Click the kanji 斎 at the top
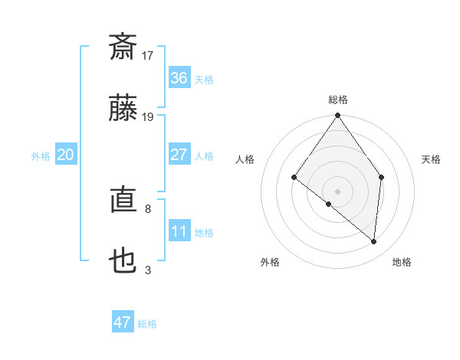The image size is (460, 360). tap(123, 47)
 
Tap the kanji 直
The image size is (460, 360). tap(123, 201)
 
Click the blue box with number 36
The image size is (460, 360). tap(179, 78)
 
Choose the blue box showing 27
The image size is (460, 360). tap(179, 155)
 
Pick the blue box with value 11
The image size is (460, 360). tap(179, 231)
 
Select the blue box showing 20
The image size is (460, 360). tap(66, 155)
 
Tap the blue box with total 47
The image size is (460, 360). tap(123, 322)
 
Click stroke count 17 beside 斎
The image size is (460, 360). tap(148, 55)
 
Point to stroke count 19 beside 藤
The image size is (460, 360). tap(148, 116)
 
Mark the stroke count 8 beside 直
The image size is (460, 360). tap(148, 208)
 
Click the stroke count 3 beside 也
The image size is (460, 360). tap(148, 270)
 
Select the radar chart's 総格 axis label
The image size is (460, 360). tap(338, 100)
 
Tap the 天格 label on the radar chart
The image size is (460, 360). tap(432, 159)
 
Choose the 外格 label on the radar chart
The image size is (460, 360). tap(270, 262)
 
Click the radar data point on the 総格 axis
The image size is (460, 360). tap(338, 116)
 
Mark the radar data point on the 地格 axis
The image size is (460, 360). tap(374, 241)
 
